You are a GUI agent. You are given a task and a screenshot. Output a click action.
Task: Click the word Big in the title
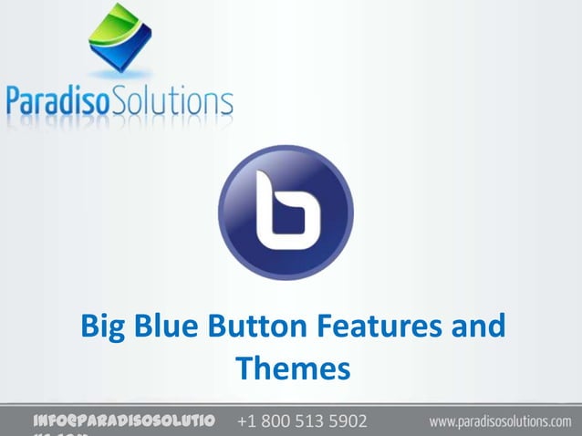click(x=103, y=327)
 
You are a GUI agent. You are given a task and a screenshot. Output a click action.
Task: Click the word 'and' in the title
click(x=476, y=327)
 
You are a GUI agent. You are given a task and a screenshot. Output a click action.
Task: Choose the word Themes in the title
click(x=292, y=369)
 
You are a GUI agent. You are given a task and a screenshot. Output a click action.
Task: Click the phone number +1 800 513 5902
click(x=302, y=422)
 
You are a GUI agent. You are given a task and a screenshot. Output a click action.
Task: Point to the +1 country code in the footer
click(x=246, y=422)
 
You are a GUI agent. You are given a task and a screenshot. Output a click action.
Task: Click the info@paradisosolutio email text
click(x=123, y=422)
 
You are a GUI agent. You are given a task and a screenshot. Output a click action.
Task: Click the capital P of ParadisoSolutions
click(x=16, y=100)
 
